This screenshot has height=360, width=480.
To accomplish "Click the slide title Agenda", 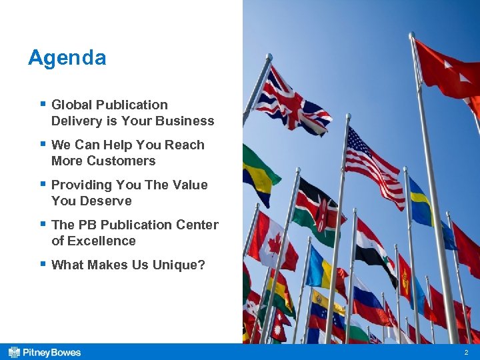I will (67, 58).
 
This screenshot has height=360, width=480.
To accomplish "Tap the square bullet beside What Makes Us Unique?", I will (43, 263).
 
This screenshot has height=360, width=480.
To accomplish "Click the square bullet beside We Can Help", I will (43, 143).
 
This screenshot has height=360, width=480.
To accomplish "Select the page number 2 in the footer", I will (466, 352).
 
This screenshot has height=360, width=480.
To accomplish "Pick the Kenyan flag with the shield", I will (320, 210).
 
